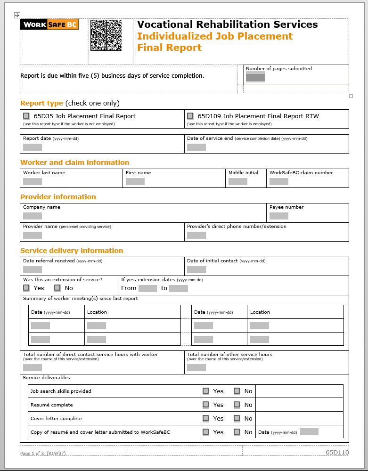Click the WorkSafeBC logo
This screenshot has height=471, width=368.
click(49, 24)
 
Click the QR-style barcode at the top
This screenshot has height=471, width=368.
click(106, 35)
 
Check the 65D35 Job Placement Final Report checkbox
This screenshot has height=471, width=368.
click(26, 116)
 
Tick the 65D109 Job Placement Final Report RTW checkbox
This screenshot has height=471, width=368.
click(190, 116)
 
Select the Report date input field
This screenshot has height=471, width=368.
click(33, 147)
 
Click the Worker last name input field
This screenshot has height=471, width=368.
click(33, 181)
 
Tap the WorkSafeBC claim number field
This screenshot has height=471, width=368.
click(279, 181)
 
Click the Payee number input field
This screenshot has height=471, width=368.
click(279, 216)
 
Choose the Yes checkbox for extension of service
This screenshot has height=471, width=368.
click(26, 288)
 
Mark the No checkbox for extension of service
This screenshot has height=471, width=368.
click(57, 288)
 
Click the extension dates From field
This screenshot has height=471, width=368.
click(147, 288)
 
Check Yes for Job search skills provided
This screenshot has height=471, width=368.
click(206, 391)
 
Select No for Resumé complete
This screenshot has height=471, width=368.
click(237, 405)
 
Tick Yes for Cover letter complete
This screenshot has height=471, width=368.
click(206, 418)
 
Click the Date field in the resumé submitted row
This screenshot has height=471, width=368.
click(309, 431)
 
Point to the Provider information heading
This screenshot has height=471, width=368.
click(58, 197)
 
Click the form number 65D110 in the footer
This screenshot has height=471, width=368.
click(337, 453)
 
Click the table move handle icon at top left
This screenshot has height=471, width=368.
click(17, 16)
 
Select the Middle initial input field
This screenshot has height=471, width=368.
click(238, 181)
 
